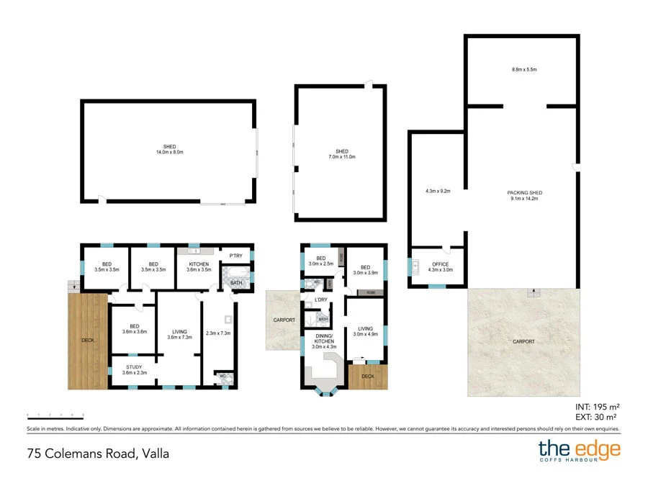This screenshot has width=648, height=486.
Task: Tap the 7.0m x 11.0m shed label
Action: click(x=341, y=154)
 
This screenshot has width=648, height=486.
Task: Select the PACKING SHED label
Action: click(x=524, y=195)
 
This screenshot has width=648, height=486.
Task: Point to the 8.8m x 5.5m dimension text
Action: click(x=524, y=69)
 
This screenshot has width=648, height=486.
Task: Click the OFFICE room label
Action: click(x=440, y=267)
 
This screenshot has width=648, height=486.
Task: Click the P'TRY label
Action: click(x=235, y=256)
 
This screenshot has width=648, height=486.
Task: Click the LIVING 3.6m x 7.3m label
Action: click(x=179, y=334)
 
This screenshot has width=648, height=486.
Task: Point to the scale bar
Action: click(x=55, y=415)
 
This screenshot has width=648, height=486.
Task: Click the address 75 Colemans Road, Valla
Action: click(x=97, y=454)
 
